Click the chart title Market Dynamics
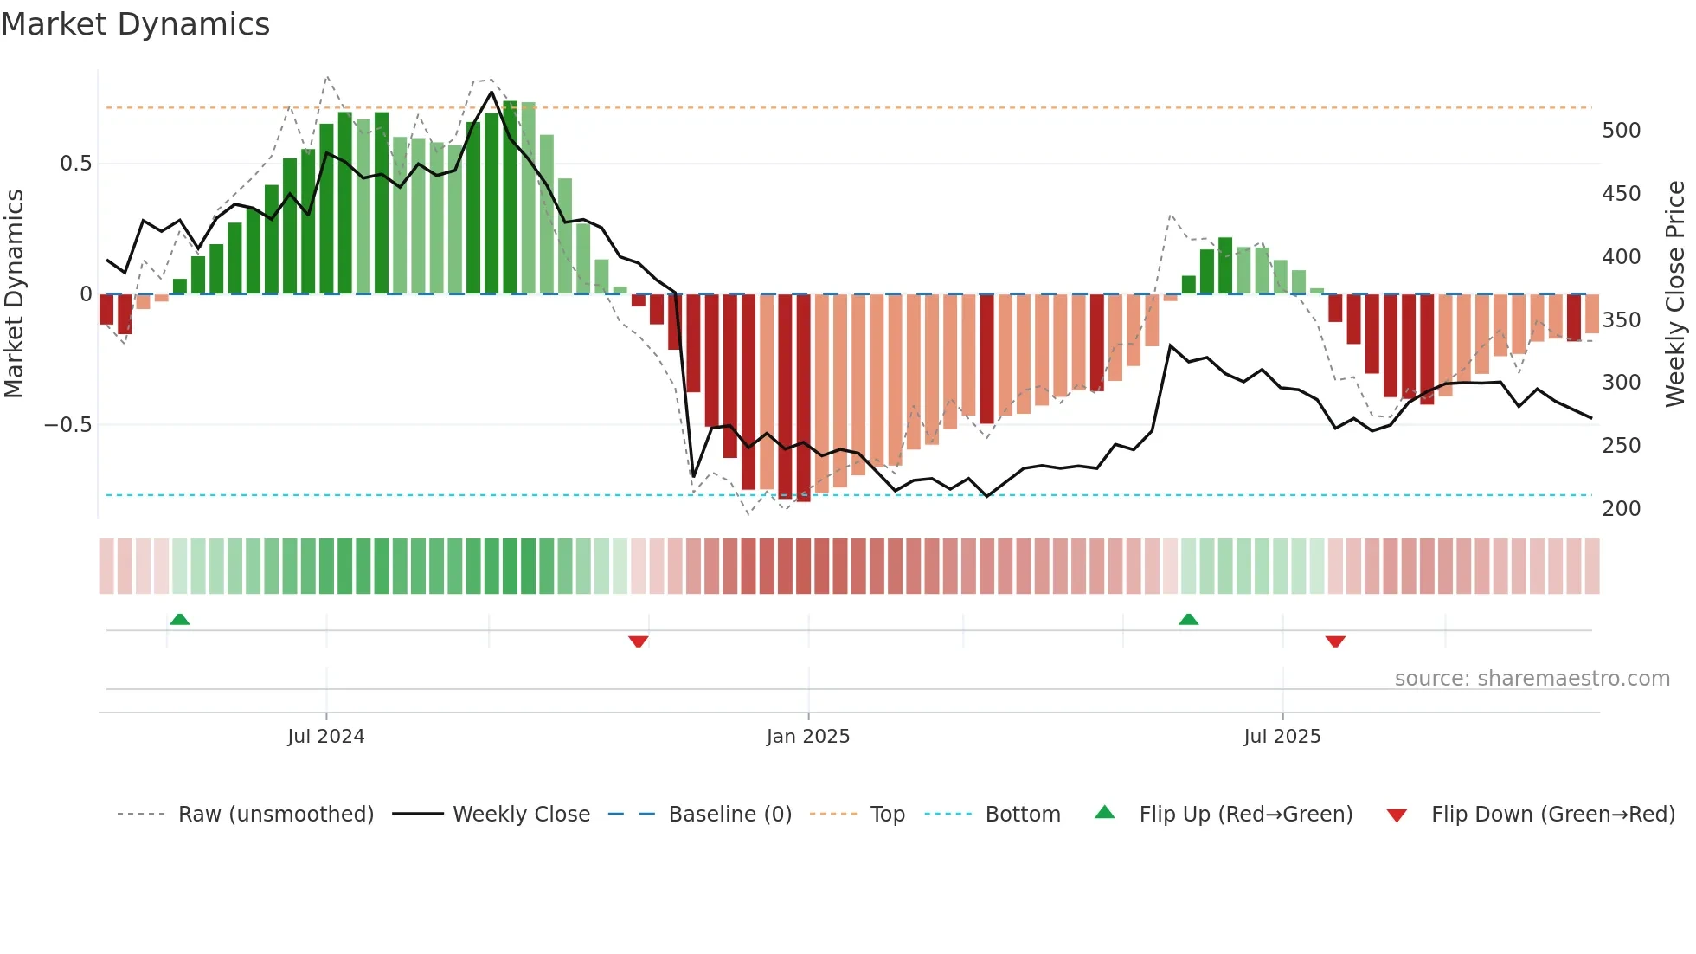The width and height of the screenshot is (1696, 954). tap(135, 24)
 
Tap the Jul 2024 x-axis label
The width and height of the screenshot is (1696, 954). tap(326, 737)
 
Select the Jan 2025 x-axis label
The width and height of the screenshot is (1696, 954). tap(808, 737)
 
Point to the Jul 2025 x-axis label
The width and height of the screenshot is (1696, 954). tap(1282, 737)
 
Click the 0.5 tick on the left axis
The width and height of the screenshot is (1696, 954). tap(76, 164)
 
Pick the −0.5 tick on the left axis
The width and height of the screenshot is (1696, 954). tap(68, 425)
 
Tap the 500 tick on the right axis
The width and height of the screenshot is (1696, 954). tap(1622, 131)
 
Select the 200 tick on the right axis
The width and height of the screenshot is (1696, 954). tap(1622, 509)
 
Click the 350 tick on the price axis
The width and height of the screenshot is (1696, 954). tap(1622, 320)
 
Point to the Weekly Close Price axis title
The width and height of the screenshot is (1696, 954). tap(1676, 294)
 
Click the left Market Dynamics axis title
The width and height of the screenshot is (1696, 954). tap(14, 294)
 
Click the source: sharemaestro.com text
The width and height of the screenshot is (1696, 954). tap(1532, 679)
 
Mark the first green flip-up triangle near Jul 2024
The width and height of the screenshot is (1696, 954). tap(180, 620)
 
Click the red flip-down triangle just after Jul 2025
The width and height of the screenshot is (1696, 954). tap(1335, 641)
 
